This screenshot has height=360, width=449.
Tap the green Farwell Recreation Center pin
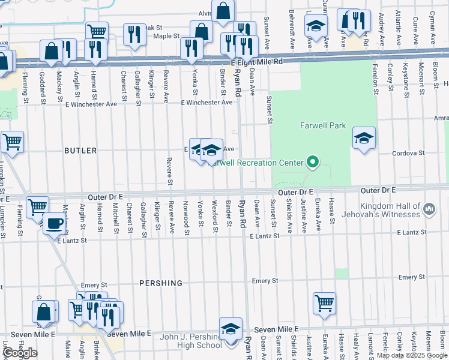(x=312, y=162)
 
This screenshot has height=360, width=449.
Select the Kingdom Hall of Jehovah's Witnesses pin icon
(x=429, y=209)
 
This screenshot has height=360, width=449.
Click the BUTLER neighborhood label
(x=80, y=151)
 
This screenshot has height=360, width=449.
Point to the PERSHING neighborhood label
(x=160, y=283)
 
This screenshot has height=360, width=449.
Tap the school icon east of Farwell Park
(x=364, y=139)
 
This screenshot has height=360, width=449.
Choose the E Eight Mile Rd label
(x=256, y=62)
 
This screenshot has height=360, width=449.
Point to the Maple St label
(x=166, y=36)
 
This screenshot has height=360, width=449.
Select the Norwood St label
(x=186, y=214)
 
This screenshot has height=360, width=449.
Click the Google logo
(x=20, y=353)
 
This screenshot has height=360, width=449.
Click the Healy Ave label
(x=355, y=347)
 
